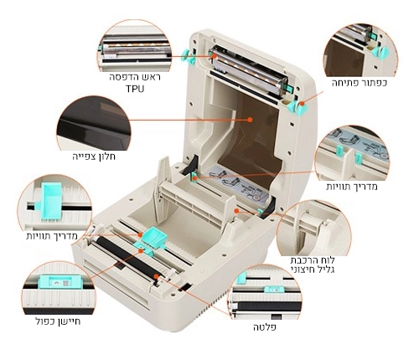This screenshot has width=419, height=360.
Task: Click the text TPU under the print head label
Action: tap(135, 89)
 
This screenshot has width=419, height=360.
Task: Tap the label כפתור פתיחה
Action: tap(360, 83)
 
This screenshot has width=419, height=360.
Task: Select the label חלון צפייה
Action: tap(94, 157)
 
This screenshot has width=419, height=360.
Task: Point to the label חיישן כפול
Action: tap(59, 321)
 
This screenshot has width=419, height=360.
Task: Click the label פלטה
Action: tap(265, 327)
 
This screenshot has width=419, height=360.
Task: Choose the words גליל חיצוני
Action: tap(313, 270)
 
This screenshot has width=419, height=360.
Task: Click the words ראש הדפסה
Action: tap(135, 77)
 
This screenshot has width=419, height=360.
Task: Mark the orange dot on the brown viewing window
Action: tap(250, 120)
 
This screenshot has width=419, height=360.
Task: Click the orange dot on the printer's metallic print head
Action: tap(215, 56)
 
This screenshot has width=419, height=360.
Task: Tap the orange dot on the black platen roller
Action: tap(156, 276)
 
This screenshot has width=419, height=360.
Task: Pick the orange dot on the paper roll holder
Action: tap(236, 211)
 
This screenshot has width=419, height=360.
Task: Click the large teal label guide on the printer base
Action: tap(154, 237)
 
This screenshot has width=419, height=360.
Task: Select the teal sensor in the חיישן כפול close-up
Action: tap(60, 282)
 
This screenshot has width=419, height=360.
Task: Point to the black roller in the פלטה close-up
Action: tap(266, 306)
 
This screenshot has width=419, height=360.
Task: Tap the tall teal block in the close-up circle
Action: tap(52, 202)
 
